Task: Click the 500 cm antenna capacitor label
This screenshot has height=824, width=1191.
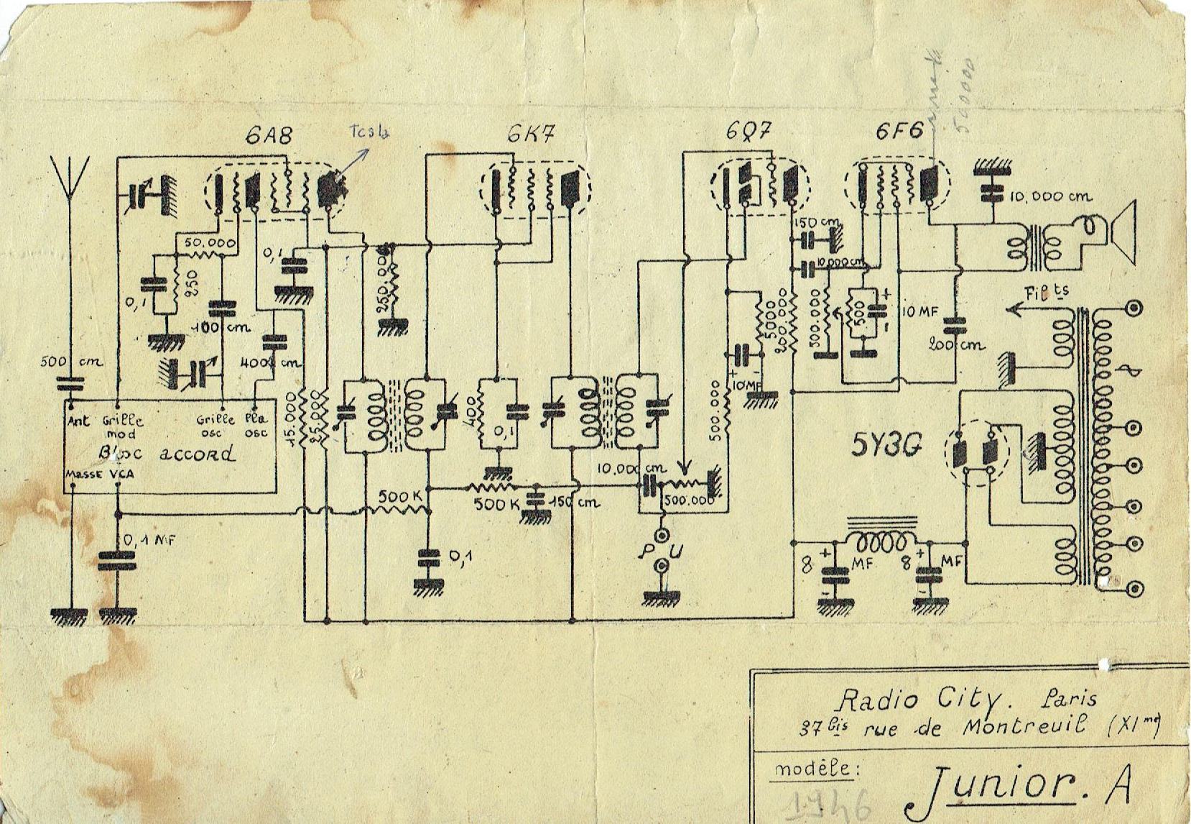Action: click(70, 362)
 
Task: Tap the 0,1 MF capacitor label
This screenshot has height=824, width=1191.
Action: click(149, 539)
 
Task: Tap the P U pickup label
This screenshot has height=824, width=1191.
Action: click(659, 550)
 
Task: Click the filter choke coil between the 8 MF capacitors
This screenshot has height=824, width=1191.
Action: click(882, 540)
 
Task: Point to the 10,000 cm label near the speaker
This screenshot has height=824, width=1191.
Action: click(1049, 196)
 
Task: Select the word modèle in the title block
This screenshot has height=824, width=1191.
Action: click(815, 769)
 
